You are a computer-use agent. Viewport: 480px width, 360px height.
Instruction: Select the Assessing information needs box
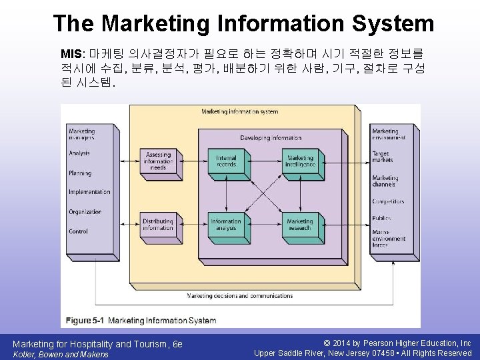pos(158,161)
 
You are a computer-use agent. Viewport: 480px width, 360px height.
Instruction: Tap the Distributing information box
pos(158,225)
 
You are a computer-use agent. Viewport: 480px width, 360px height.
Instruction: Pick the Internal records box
pos(226,161)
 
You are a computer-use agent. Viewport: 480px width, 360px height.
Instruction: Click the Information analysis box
pos(226,225)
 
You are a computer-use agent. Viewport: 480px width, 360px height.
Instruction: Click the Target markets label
pos(382,157)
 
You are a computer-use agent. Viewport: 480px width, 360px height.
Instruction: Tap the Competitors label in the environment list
pos(388,201)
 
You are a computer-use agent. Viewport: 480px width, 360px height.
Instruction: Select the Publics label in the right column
pos(381,217)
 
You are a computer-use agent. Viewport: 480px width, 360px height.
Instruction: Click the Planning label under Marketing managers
pos(80,173)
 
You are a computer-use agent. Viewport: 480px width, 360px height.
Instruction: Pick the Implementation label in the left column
pos(89,192)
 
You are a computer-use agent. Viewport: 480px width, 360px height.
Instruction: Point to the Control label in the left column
pos(78,231)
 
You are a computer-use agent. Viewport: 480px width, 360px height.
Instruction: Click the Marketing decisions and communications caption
pos(240,296)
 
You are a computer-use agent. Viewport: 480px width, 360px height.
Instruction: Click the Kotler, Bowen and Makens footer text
pos(61,354)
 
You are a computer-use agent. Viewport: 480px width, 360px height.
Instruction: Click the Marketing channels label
pos(385,181)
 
